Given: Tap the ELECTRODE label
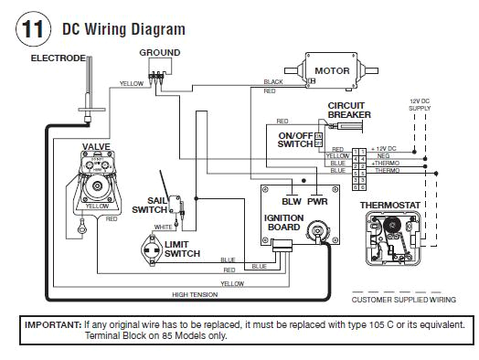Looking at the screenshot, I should [58, 58].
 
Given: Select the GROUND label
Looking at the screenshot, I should [159, 53].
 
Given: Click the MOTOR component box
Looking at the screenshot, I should [332, 70].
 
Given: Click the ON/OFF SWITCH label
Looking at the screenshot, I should [295, 140].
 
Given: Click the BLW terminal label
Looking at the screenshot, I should [292, 200].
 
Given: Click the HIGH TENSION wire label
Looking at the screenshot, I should [193, 295].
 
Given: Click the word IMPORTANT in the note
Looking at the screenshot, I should [51, 324].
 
